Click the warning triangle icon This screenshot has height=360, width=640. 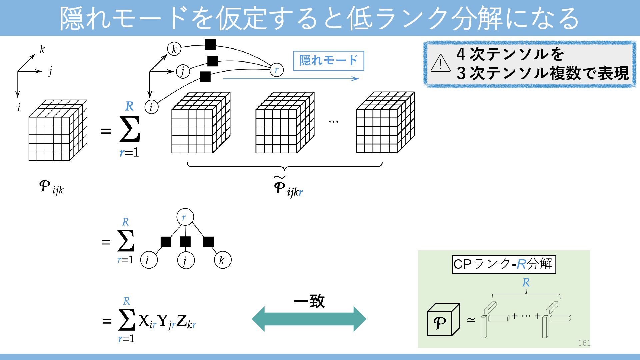(x=440, y=63)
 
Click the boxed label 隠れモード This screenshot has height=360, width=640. (x=328, y=61)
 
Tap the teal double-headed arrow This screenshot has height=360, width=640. (x=309, y=319)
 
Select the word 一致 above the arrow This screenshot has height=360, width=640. (x=309, y=301)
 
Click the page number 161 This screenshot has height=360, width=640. (x=584, y=343)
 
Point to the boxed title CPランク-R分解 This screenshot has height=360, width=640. (x=504, y=264)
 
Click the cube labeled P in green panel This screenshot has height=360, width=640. (x=443, y=320)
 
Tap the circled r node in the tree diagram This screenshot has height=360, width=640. (x=185, y=218)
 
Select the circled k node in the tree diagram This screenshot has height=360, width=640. (x=222, y=260)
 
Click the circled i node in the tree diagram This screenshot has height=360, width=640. (x=148, y=260)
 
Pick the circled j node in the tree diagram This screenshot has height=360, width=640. (x=186, y=260)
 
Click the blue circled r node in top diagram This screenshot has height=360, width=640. (x=276, y=70)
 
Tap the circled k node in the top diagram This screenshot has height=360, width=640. (x=174, y=49)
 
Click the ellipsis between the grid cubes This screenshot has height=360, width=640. (x=333, y=122)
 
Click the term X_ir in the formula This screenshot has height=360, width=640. (x=147, y=321)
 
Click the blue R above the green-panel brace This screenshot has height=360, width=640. (x=526, y=283)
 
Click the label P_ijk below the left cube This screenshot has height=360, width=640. (x=51, y=187)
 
